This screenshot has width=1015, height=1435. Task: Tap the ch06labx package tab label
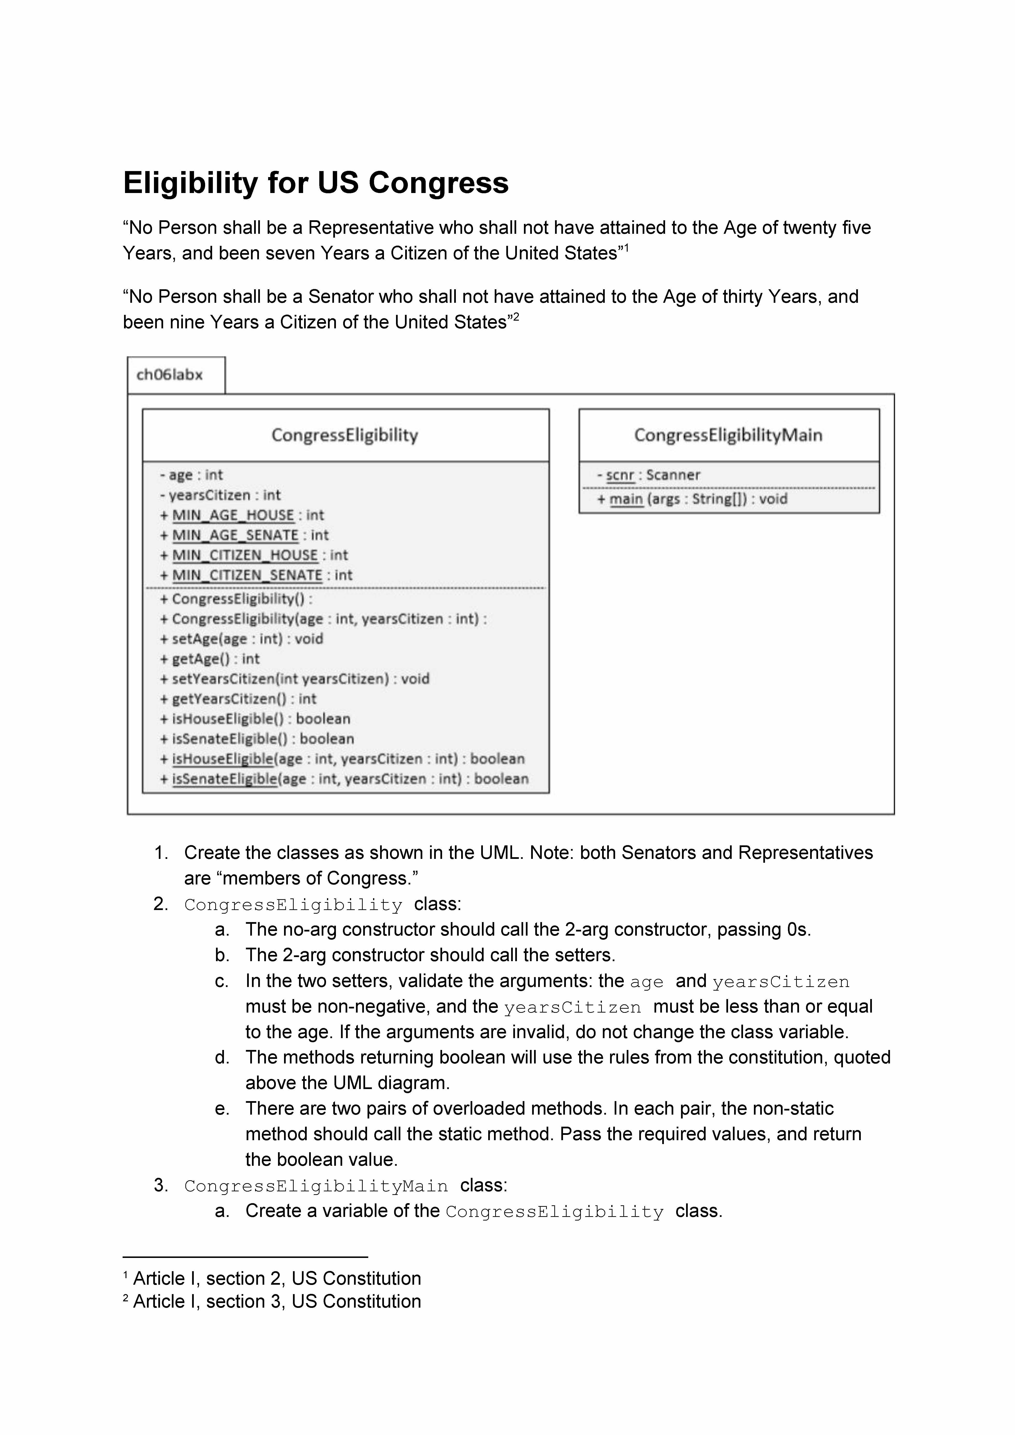[x=169, y=375]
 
